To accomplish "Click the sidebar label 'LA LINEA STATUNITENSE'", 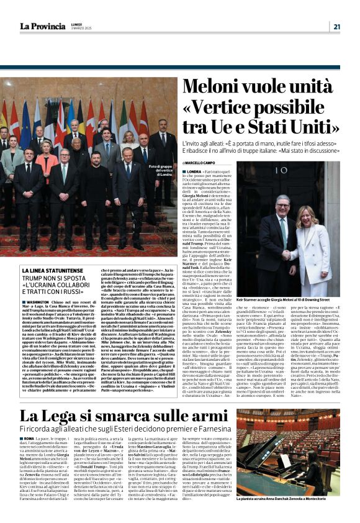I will click(51, 271).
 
